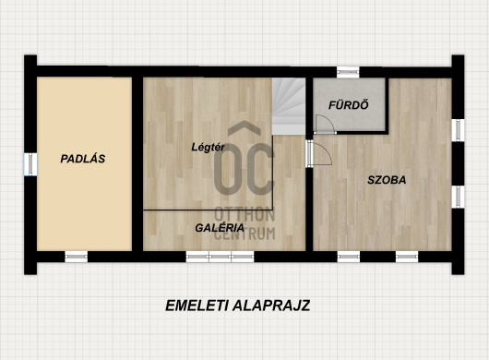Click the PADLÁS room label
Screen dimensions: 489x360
(x=83, y=159)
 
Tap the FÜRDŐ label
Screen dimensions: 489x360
(x=349, y=105)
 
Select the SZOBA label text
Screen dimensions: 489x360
(x=387, y=180)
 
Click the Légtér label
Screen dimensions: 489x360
(x=208, y=147)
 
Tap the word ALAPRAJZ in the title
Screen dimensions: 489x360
(x=271, y=306)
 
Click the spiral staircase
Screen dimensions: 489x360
(x=289, y=106)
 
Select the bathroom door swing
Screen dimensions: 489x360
(x=326, y=125)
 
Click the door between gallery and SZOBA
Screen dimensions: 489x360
(x=318, y=153)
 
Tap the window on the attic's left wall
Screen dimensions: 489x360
(x=30, y=164)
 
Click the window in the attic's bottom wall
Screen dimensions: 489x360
(x=77, y=257)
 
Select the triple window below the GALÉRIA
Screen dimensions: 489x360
(x=221, y=257)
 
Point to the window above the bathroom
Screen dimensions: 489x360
(x=348, y=72)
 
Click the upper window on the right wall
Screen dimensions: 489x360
(x=458, y=130)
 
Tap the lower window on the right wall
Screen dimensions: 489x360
(x=458, y=198)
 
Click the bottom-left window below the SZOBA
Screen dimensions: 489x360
(x=349, y=257)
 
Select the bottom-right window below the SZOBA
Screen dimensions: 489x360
(x=407, y=257)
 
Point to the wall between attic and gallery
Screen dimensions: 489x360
(x=137, y=163)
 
